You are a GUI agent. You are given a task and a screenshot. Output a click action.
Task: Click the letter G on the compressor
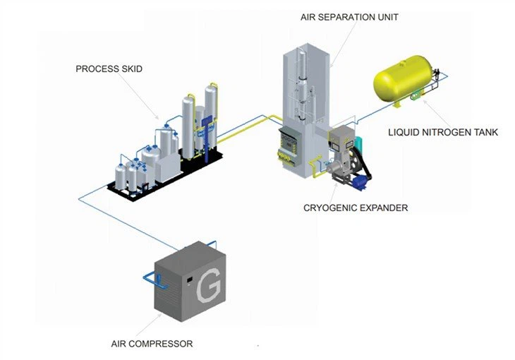209,289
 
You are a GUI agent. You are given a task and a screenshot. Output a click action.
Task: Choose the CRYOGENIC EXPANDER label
356,208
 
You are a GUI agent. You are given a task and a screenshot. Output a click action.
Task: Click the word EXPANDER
384,208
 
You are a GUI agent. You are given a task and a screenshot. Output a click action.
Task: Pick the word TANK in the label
485,131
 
